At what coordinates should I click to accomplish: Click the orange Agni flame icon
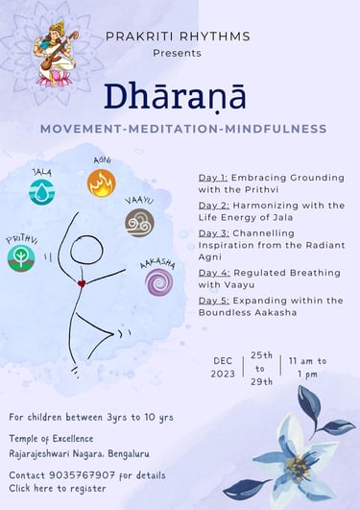102,182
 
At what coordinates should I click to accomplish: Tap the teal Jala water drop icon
41,192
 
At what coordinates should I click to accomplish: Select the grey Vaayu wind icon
139,223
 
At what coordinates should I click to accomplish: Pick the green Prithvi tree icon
21,258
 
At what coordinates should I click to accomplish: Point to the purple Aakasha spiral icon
159,282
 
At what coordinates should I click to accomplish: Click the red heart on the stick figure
82,283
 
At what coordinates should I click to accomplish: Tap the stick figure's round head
86,250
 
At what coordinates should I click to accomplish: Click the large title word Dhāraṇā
175,97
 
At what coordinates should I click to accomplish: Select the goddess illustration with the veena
56,54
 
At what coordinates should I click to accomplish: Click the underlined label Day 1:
213,178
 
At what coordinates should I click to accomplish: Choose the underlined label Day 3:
214,233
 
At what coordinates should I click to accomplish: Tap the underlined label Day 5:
214,301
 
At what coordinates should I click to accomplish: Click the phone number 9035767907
82,475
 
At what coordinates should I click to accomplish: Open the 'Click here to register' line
58,488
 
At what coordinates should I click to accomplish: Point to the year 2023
223,374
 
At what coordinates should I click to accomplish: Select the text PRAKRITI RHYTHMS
178,36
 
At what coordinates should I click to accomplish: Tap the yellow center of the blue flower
298,469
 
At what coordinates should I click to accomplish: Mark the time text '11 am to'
307,361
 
